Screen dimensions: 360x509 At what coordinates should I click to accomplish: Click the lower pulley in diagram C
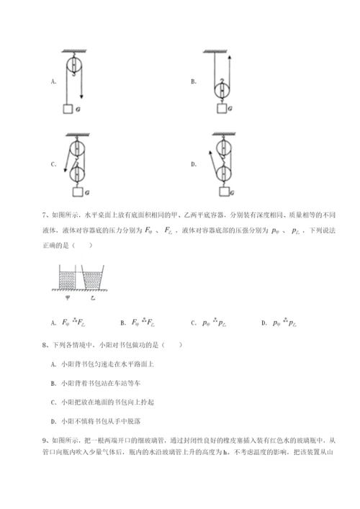(75, 174)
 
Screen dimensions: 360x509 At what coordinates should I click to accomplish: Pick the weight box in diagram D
(224, 192)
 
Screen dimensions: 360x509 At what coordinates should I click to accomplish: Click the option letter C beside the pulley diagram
(53, 165)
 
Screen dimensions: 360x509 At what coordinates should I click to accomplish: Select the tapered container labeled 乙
(94, 278)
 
